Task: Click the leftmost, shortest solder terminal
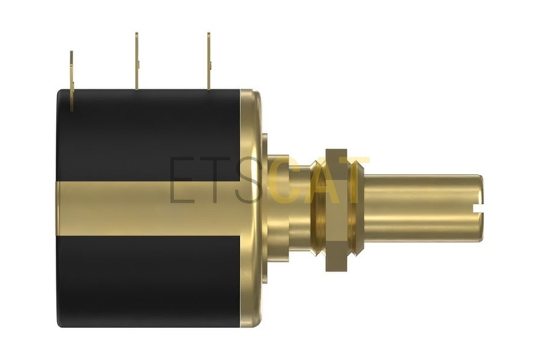point(72,81)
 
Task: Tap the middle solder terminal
point(136,61)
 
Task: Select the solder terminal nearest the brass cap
point(208,61)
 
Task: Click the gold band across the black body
point(148,208)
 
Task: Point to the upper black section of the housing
point(148,135)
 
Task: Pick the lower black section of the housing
point(148,281)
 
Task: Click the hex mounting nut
point(337,210)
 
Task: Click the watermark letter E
point(181,180)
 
